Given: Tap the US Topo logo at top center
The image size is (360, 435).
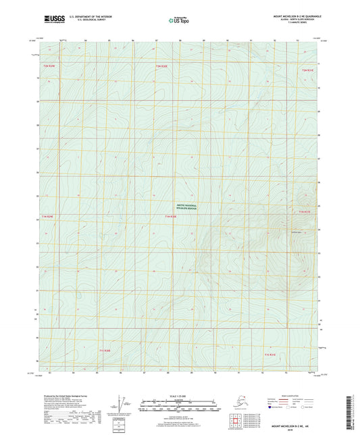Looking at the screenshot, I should [178, 20].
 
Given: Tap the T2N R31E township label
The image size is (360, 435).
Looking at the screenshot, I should [309, 70].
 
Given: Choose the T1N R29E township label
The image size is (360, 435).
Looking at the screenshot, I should [47, 216].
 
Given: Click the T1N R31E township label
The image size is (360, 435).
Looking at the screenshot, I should [305, 212].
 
